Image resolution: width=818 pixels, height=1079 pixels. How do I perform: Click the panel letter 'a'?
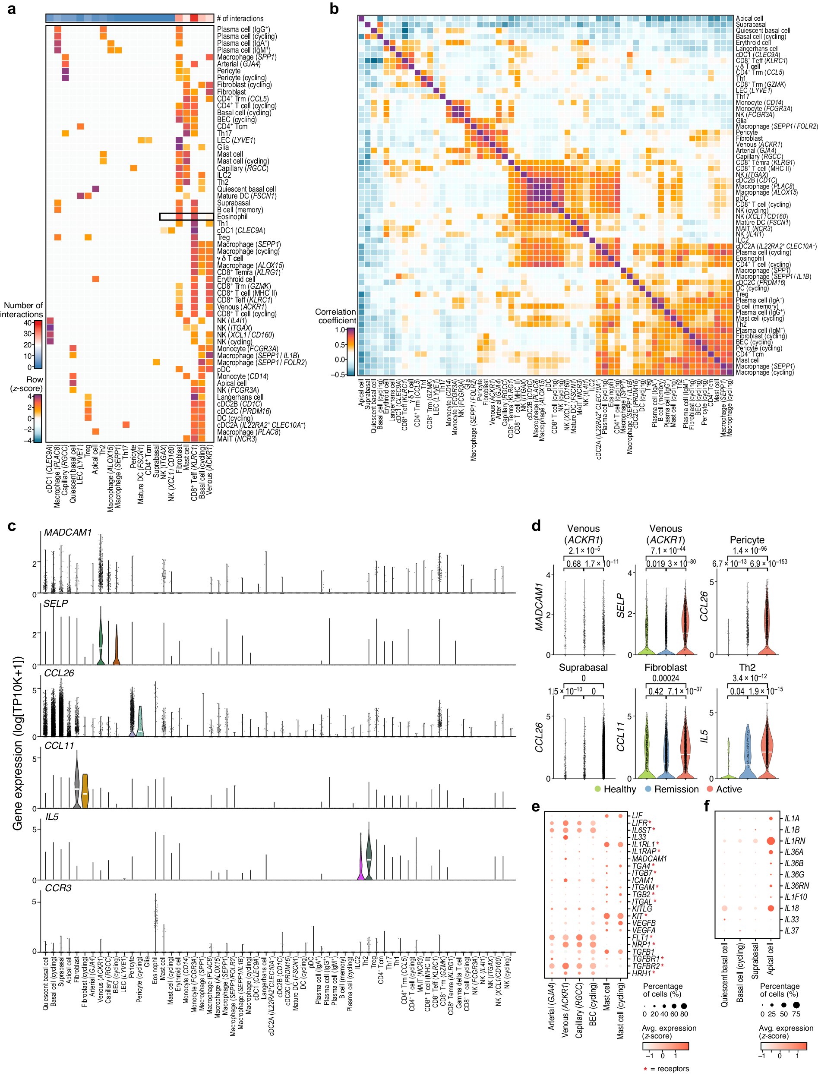pos(11,9)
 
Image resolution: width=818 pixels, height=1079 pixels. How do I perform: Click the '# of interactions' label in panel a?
pos(240,19)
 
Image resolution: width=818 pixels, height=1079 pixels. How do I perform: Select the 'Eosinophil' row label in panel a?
pos(232,217)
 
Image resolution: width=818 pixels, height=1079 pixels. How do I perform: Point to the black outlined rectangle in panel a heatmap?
pos(186,217)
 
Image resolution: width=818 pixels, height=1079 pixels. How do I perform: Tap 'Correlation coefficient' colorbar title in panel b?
pos(335,316)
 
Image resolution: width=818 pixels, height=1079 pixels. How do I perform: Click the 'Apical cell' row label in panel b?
pos(749,19)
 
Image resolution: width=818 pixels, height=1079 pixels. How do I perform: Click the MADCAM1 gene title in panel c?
pos(68,532)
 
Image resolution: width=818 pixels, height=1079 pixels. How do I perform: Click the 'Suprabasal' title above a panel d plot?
pos(583,667)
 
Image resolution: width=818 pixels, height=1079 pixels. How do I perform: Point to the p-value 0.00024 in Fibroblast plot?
pos(666,678)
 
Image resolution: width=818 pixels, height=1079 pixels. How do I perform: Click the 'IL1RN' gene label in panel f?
pos(795,841)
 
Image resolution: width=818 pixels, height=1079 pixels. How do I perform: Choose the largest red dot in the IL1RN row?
pos(771,841)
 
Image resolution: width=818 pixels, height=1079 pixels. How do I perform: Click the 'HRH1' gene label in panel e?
pos(641,973)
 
